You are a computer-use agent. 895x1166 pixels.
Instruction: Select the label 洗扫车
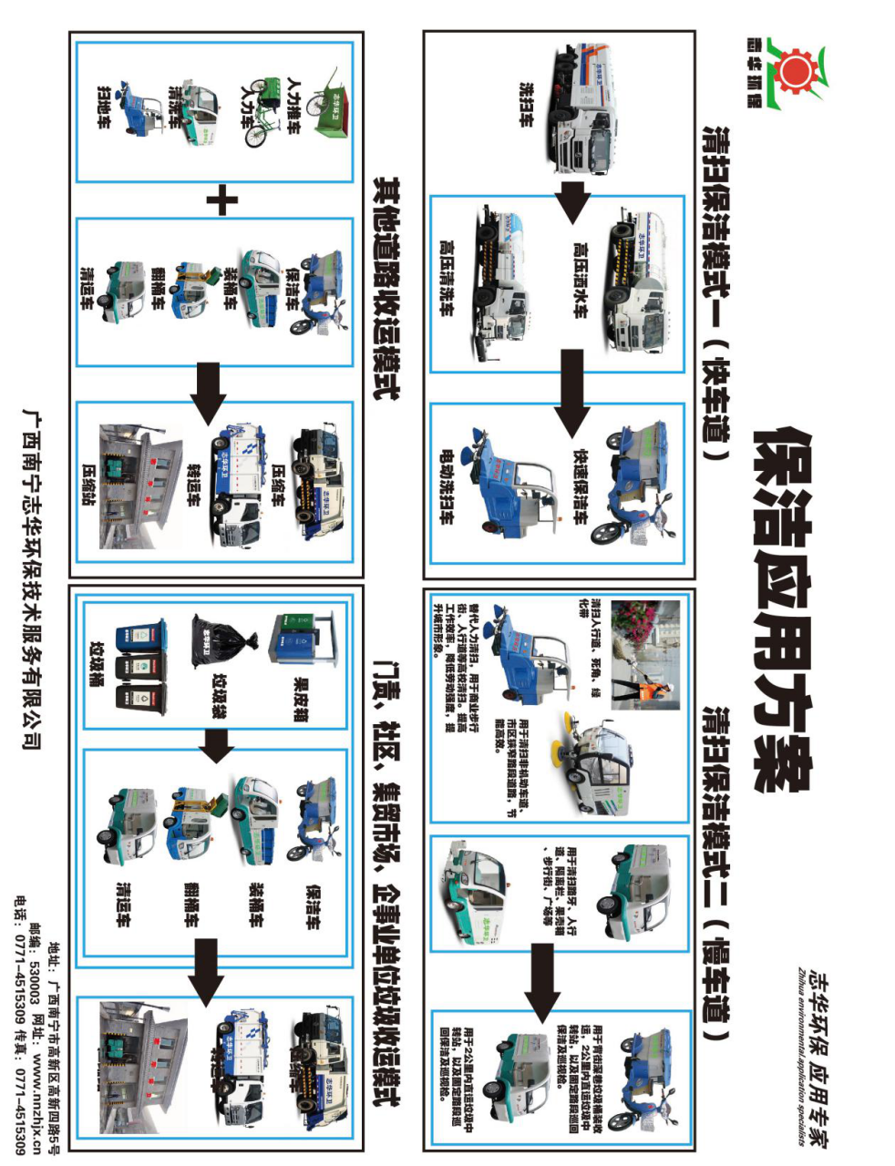pos(526,105)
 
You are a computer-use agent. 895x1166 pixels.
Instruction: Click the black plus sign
pos(221,200)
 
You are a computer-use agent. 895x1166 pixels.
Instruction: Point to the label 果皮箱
pos(300,699)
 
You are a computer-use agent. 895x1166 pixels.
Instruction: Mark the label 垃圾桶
pos(96,667)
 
